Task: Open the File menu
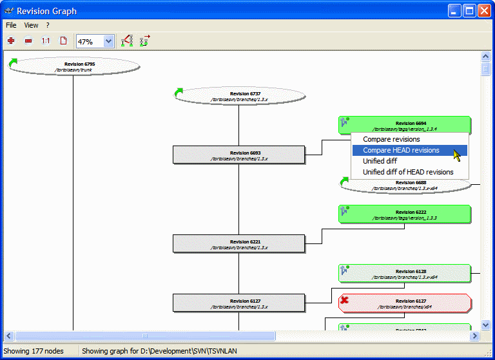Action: (11, 25)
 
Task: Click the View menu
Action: (31, 25)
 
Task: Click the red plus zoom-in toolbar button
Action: (11, 41)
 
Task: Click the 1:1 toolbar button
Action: (46, 41)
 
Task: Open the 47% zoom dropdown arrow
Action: (108, 41)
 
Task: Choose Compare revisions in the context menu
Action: (391, 139)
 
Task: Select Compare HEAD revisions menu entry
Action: (401, 150)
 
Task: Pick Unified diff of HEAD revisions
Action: (408, 172)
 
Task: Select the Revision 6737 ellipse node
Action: (239, 96)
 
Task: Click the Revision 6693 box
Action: (238, 155)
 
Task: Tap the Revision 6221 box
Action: (238, 243)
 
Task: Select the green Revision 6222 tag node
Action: (405, 214)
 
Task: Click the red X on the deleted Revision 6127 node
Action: (345, 300)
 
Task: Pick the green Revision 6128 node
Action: (405, 273)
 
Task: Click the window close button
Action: (484, 10)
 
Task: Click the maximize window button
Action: (469, 10)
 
